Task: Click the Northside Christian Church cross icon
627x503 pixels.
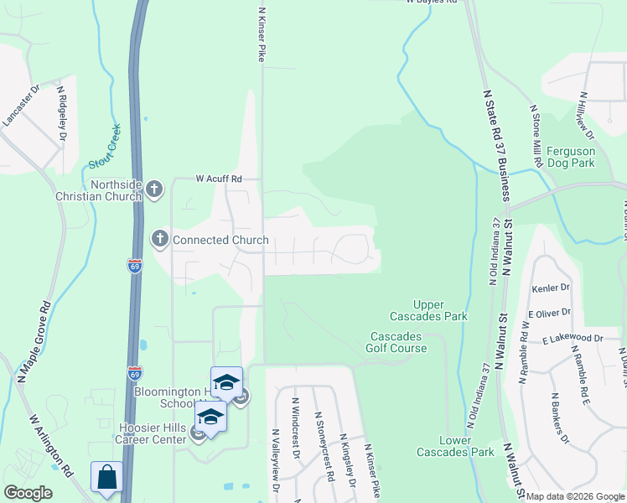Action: pyautogui.click(x=153, y=189)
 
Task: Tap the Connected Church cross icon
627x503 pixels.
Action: pyautogui.click(x=159, y=240)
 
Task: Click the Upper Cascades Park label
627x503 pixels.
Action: pyautogui.click(x=428, y=310)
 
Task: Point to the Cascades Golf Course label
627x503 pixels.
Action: pyautogui.click(x=398, y=342)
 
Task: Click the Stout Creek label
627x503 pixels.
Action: pyautogui.click(x=105, y=148)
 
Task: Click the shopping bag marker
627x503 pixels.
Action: pyautogui.click(x=106, y=479)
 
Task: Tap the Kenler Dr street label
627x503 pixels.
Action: pyautogui.click(x=551, y=288)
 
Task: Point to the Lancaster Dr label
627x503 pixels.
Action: pyautogui.click(x=21, y=105)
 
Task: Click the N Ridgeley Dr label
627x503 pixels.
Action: pyautogui.click(x=61, y=112)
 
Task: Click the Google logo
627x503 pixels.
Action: pyautogui.click(x=28, y=493)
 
